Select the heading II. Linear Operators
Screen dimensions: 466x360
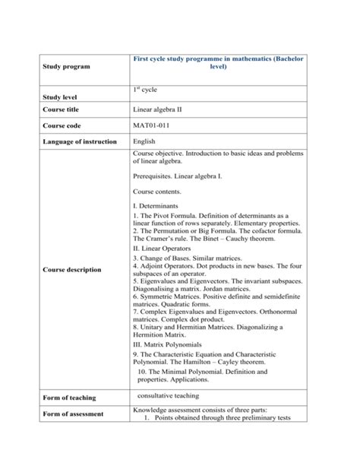point(162,248)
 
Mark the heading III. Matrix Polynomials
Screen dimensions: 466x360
point(168,344)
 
